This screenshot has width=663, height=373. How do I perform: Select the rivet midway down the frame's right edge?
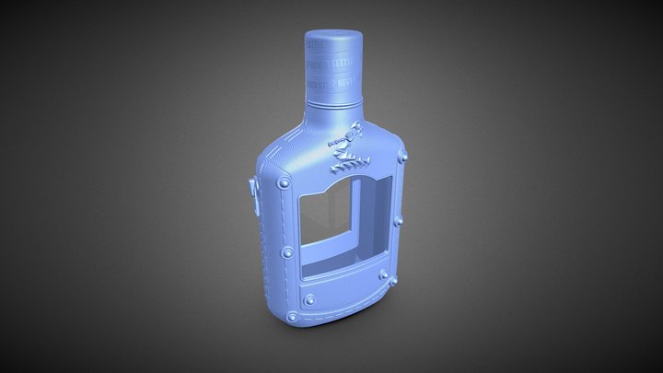pyautogui.click(x=400, y=220)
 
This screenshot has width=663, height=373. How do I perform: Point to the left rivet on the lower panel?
pyautogui.click(x=310, y=297)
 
